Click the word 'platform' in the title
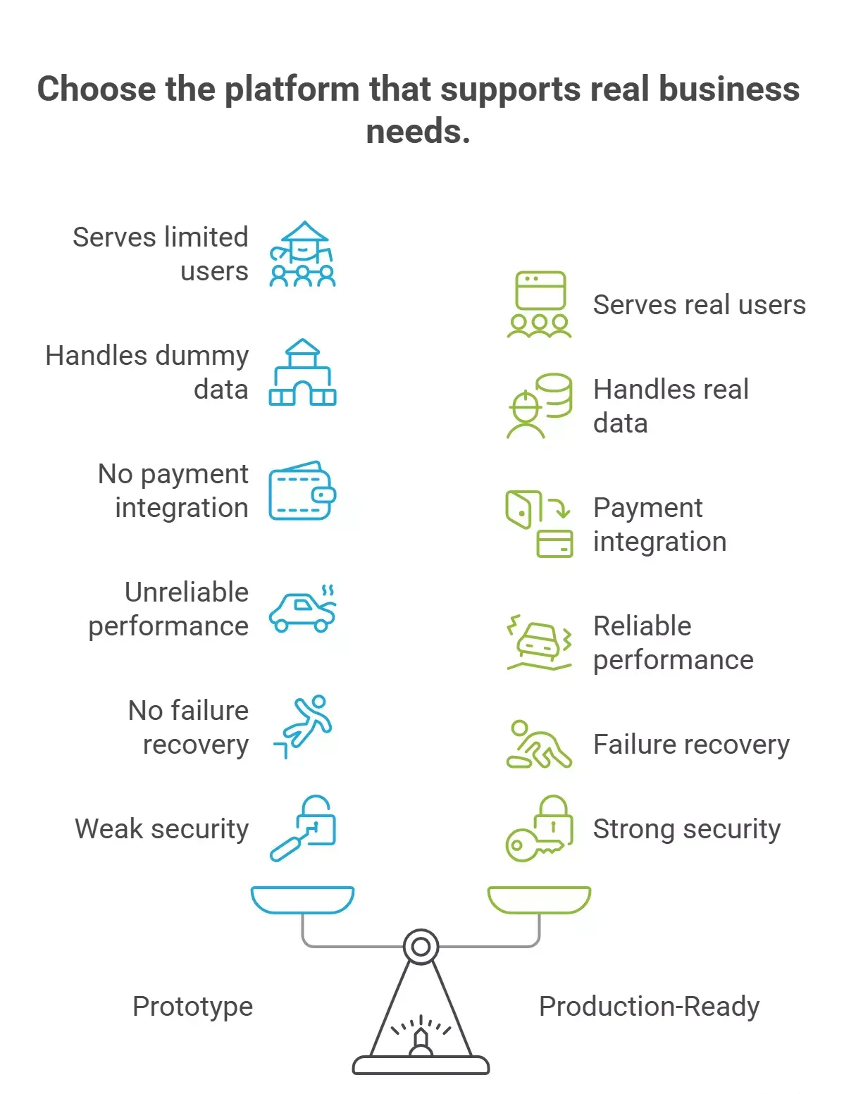[x=292, y=89]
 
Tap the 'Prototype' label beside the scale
[x=193, y=1007]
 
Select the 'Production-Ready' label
[x=650, y=1007]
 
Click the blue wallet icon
[x=302, y=490]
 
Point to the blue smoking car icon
[x=302, y=609]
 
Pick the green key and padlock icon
[x=540, y=828]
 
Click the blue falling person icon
[x=303, y=726]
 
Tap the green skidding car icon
[x=540, y=643]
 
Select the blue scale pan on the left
[x=302, y=900]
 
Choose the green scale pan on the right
[x=539, y=900]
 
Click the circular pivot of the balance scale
[x=421, y=947]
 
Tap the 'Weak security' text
[x=161, y=829]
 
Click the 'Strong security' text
[x=687, y=829]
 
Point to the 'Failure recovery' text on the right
[x=692, y=745]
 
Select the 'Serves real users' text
[x=700, y=305]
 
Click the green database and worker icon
[x=540, y=406]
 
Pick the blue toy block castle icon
[x=302, y=372]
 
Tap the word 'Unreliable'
[x=187, y=592]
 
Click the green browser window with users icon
[x=540, y=304]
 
